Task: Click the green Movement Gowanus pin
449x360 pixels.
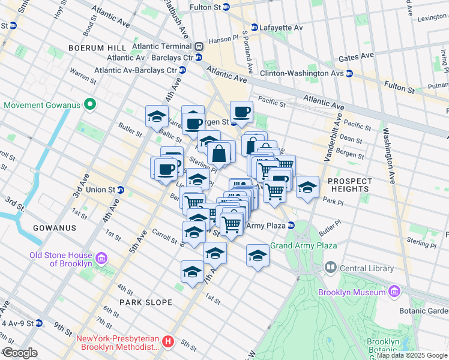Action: pyautogui.click(x=91, y=105)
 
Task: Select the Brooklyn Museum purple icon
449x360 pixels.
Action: pyautogui.click(x=394, y=292)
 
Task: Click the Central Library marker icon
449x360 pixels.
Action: pyautogui.click(x=330, y=266)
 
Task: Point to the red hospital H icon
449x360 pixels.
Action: pyautogui.click(x=169, y=342)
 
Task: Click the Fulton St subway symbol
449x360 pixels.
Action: pyautogui.click(x=226, y=8)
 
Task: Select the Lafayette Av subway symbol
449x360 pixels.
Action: pyautogui.click(x=255, y=28)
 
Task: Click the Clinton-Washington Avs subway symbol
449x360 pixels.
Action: pyautogui.click(x=348, y=74)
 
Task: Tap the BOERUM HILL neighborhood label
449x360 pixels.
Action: pyautogui.click(x=97, y=47)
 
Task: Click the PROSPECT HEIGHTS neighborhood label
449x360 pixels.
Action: pyautogui.click(x=350, y=185)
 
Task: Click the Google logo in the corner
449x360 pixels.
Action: pyautogui.click(x=20, y=352)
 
